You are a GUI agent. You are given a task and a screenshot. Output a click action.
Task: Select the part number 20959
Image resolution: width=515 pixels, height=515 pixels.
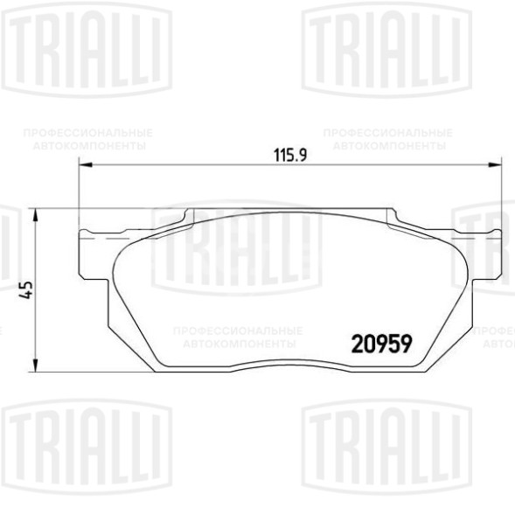coord(381,344)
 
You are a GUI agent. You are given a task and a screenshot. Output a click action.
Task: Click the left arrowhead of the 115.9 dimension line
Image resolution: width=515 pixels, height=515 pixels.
coord(85,164)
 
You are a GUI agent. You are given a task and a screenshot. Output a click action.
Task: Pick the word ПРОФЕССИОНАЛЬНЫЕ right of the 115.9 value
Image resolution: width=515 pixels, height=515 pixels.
coord(388,133)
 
